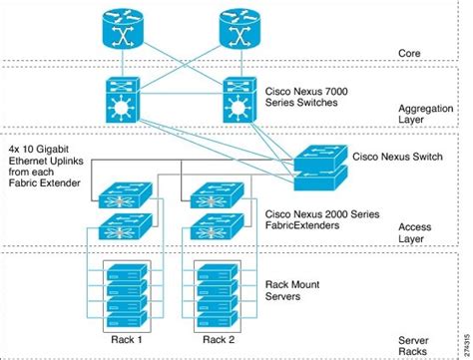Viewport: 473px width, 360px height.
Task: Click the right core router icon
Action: pos(239,31)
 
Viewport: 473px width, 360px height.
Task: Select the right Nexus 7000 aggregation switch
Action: pos(239,102)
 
